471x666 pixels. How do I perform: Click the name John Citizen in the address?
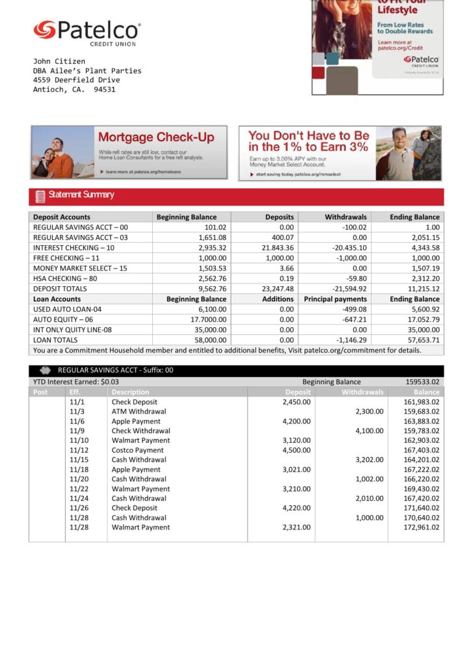(59, 61)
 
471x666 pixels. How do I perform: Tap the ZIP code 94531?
(105, 89)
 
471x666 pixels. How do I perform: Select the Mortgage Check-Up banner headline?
(155, 137)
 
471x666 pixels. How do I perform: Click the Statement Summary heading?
(81, 194)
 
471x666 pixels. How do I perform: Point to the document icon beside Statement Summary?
(40, 196)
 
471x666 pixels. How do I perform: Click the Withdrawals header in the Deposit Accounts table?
(345, 217)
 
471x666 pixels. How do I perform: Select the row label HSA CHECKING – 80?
(65, 278)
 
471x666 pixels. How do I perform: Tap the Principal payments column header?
(335, 299)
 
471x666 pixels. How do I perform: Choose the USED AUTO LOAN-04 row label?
(68, 310)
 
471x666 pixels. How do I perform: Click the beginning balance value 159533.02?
(422, 382)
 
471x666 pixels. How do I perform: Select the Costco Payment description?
(137, 450)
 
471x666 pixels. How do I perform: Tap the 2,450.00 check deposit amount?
(296, 402)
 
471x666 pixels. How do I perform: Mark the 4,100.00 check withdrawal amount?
(369, 431)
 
